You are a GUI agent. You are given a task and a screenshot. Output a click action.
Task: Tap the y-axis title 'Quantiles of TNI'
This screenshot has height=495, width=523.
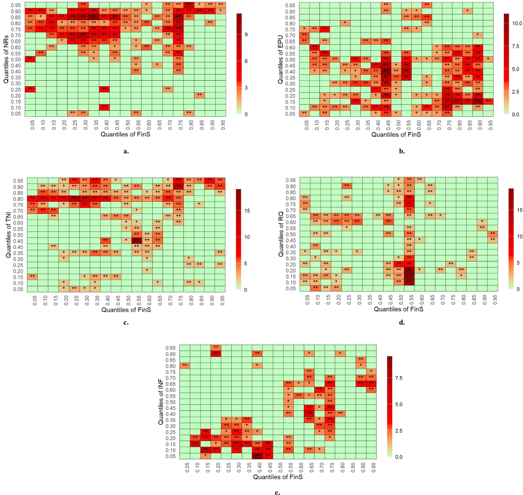click(x=8, y=234)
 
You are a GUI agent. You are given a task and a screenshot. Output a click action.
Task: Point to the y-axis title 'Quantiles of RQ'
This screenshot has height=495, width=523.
click(x=281, y=234)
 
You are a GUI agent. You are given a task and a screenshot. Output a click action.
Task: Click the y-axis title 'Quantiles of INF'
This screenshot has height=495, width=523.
click(x=161, y=402)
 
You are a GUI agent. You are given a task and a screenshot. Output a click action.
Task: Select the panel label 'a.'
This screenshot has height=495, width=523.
click(x=126, y=152)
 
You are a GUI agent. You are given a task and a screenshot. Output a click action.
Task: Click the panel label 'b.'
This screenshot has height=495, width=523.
click(x=401, y=152)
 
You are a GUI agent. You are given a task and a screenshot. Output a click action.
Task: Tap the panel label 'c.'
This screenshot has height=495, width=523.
click(x=126, y=323)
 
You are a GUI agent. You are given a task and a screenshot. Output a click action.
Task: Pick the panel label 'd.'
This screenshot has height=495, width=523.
click(x=401, y=323)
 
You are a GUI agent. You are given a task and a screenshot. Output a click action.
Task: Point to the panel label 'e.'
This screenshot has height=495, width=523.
click(x=277, y=493)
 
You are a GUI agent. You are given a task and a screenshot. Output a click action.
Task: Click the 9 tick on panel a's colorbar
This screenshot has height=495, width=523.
click(x=247, y=34)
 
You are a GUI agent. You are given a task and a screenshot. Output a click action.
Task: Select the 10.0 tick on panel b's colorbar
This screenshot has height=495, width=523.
click(x=517, y=24)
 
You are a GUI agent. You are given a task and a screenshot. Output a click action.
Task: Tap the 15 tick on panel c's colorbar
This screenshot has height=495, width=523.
click(x=247, y=211)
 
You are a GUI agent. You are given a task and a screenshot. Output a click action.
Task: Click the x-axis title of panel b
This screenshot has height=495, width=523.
click(x=396, y=135)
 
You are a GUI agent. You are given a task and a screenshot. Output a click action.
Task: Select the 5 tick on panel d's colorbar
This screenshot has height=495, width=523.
click(x=519, y=263)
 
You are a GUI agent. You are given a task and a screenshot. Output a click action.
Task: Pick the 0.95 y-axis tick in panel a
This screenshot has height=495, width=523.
click(x=16, y=5)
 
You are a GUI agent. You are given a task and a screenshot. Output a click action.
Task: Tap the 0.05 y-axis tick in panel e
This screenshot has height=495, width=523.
click(x=170, y=456)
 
